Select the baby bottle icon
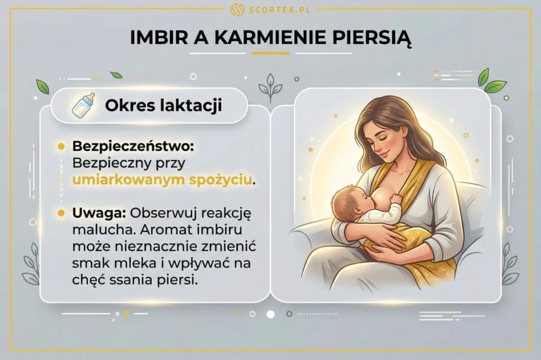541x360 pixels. [x=83, y=105]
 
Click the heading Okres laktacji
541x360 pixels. [x=163, y=105]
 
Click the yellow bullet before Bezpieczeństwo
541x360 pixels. [x=61, y=145]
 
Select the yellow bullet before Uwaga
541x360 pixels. [x=61, y=213]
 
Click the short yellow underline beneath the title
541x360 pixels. [x=270, y=53]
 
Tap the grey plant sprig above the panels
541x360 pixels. [x=270, y=87]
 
